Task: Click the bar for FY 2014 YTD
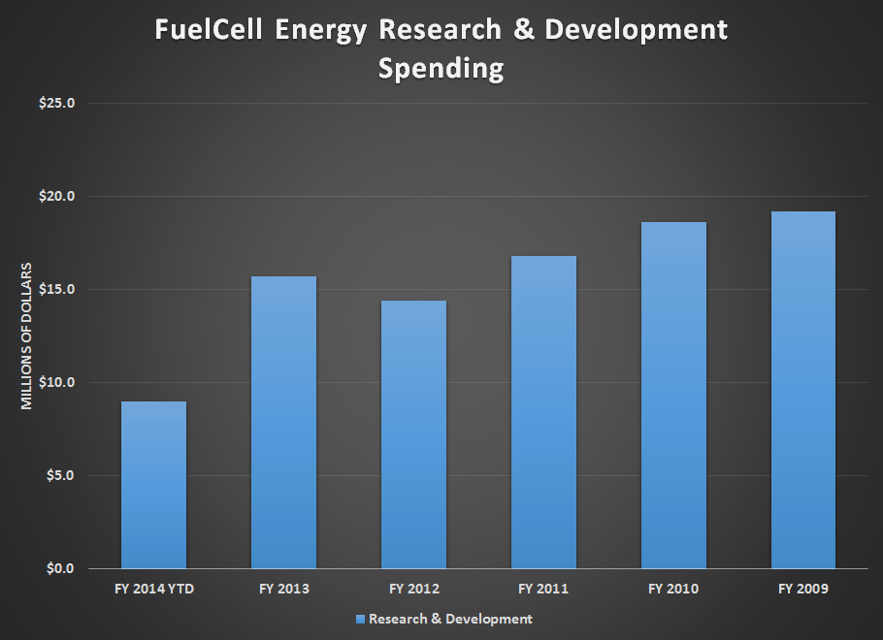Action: pyautogui.click(x=153, y=485)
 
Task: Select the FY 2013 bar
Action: pyautogui.click(x=283, y=422)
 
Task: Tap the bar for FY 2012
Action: pyautogui.click(x=414, y=434)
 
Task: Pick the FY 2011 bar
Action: pyautogui.click(x=544, y=412)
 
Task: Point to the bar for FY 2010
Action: pyautogui.click(x=673, y=395)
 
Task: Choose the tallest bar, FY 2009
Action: pyautogui.click(x=803, y=390)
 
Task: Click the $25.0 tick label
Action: pyautogui.click(x=57, y=103)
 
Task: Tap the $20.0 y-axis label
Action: pyautogui.click(x=57, y=196)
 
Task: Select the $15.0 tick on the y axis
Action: pyautogui.click(x=57, y=289)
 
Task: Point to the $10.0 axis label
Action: pyautogui.click(x=57, y=382)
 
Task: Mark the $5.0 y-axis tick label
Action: pyautogui.click(x=60, y=475)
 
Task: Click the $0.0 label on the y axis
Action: pyautogui.click(x=60, y=568)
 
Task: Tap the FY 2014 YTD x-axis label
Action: pyautogui.click(x=154, y=589)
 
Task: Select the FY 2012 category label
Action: pyautogui.click(x=414, y=589)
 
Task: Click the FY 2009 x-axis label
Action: pyautogui.click(x=803, y=589)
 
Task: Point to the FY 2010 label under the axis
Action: pyautogui.click(x=673, y=589)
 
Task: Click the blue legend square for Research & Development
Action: pyautogui.click(x=360, y=620)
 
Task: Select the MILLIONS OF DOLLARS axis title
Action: pyautogui.click(x=26, y=336)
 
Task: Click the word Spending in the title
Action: pyautogui.click(x=441, y=69)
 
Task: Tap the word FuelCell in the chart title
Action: pyautogui.click(x=209, y=29)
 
